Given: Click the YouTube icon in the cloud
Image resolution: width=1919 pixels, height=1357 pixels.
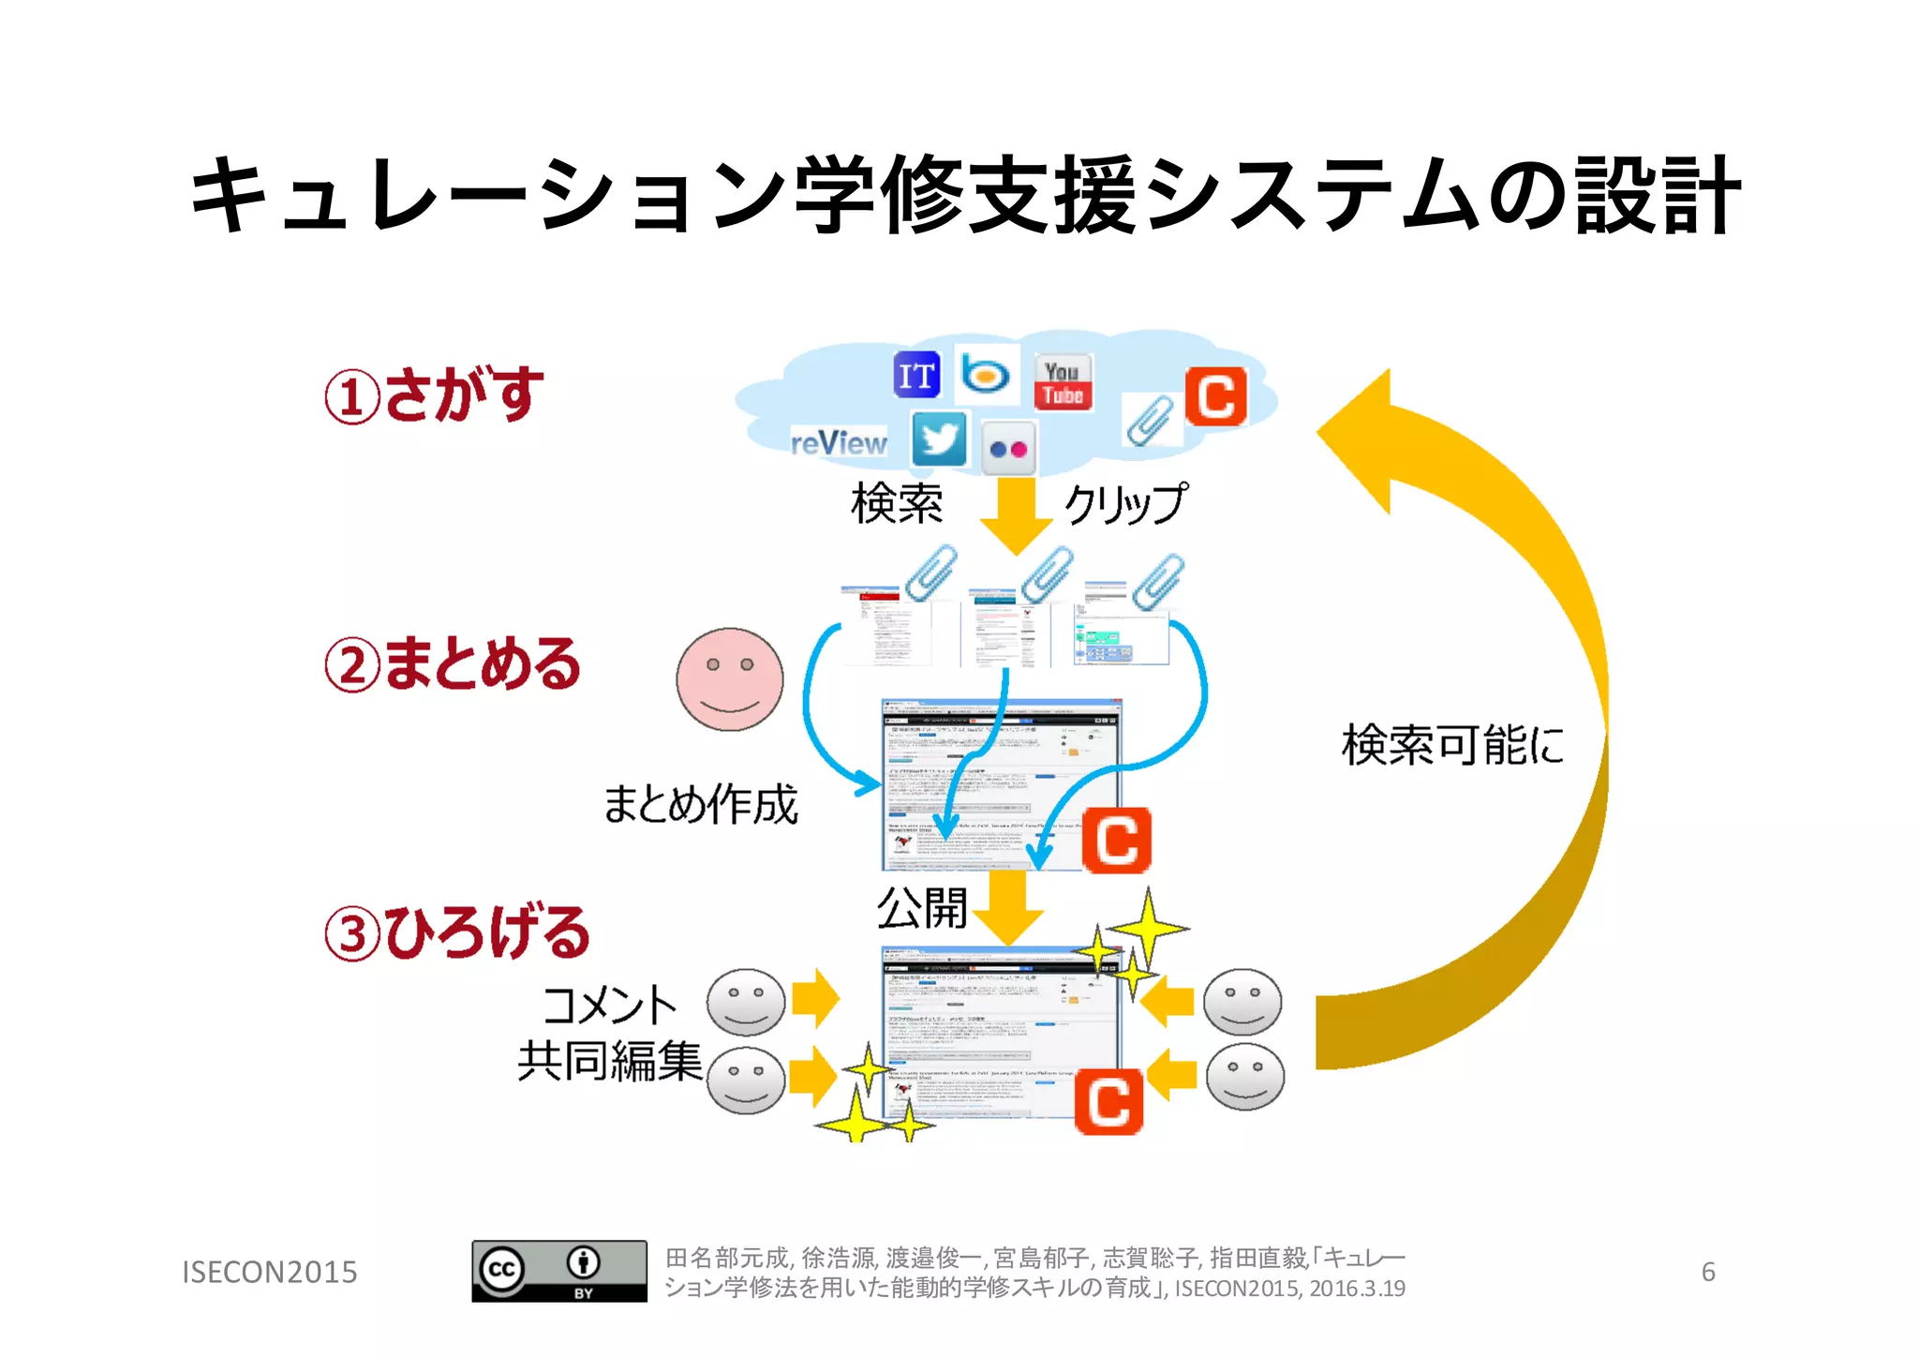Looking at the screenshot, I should (1063, 382).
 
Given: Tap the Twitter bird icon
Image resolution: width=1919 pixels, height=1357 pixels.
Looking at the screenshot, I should (939, 439).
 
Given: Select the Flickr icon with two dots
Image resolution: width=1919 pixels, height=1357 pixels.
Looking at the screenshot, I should (1008, 449).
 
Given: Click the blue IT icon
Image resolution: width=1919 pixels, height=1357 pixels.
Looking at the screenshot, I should (915, 376).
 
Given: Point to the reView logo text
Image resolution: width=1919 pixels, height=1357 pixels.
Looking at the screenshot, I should (839, 442).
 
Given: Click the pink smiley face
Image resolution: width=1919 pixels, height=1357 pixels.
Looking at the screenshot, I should (729, 679).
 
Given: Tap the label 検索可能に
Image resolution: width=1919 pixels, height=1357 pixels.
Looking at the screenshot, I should (1452, 745).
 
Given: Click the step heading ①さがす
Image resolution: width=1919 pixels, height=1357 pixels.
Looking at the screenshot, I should (434, 395).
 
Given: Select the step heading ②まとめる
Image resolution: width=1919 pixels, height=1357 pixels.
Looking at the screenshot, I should (453, 664).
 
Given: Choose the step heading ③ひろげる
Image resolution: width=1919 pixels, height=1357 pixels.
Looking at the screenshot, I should (457, 933).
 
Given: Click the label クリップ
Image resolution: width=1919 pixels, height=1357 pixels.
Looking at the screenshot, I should (1125, 503).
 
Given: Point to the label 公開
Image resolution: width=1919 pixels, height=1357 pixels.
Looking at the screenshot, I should (921, 907).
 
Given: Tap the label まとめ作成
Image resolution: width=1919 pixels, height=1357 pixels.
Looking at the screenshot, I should (700, 804).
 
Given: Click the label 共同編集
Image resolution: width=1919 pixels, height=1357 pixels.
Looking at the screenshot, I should (609, 1062).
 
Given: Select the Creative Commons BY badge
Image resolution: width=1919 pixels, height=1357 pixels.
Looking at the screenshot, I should (558, 1271).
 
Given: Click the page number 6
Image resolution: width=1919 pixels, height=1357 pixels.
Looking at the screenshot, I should (1708, 1272).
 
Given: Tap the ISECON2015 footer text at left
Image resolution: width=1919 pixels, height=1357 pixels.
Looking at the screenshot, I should (269, 1272).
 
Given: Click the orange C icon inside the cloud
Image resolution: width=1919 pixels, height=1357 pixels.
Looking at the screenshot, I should (1215, 396).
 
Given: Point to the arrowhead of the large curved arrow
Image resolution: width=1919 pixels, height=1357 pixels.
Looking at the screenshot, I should (1359, 436).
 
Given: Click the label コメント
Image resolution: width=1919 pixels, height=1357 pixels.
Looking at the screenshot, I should (609, 1006).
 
